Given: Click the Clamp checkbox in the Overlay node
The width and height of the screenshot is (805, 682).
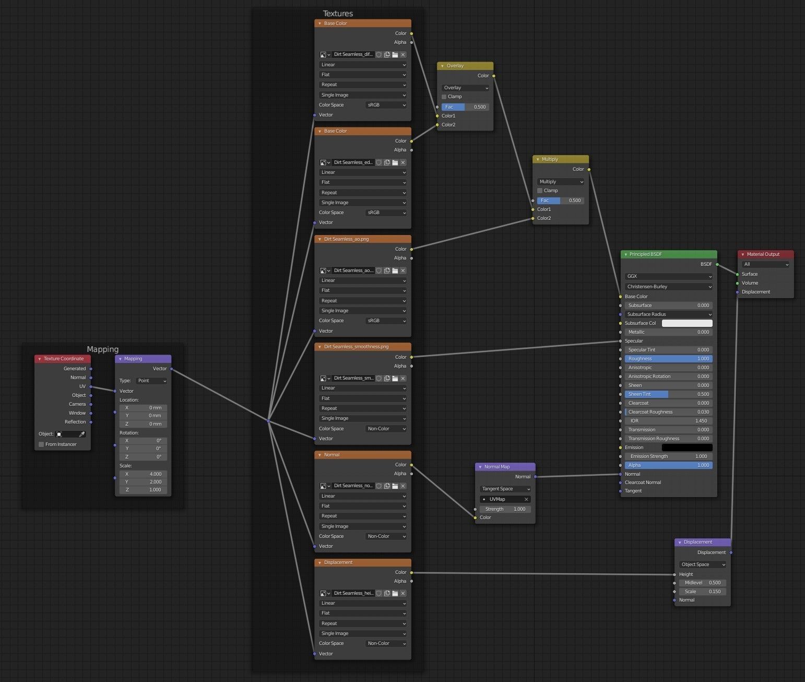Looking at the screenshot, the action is point(444,97).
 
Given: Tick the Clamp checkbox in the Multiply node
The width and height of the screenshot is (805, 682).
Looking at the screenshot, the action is point(539,191).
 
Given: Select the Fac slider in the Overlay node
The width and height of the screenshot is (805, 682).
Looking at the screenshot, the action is point(465,107).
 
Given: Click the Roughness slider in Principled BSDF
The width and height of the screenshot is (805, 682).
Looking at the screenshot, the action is point(668,359).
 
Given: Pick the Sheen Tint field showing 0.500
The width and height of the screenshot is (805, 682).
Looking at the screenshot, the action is point(668,394).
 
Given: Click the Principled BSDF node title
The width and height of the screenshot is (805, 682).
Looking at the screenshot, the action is point(645,254).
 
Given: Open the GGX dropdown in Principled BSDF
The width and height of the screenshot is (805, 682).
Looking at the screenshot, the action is point(668,276).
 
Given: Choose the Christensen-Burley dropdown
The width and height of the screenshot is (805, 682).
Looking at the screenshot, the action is point(668,287).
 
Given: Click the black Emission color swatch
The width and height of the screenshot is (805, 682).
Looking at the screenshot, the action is point(687,448).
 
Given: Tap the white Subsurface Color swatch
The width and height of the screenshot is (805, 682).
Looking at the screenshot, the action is point(687,323).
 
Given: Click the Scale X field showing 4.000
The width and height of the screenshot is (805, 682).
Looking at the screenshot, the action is point(143,474).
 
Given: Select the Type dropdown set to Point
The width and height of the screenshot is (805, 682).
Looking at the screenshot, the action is point(151,381).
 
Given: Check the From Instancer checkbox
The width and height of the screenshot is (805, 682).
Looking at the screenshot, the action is point(41,444).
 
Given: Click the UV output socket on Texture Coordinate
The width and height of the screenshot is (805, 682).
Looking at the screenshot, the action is point(91,386).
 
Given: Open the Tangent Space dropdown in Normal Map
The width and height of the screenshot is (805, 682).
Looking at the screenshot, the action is point(505,489).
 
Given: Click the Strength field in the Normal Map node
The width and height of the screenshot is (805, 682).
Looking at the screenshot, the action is point(505,509).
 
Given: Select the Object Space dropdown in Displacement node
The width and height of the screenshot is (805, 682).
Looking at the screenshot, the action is point(703,565).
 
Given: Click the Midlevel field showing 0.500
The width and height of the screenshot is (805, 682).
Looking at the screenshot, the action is point(703,583).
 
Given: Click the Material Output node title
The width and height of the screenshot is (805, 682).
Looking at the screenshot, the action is point(763,254).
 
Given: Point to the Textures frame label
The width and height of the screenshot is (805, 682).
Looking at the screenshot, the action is point(338,13).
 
